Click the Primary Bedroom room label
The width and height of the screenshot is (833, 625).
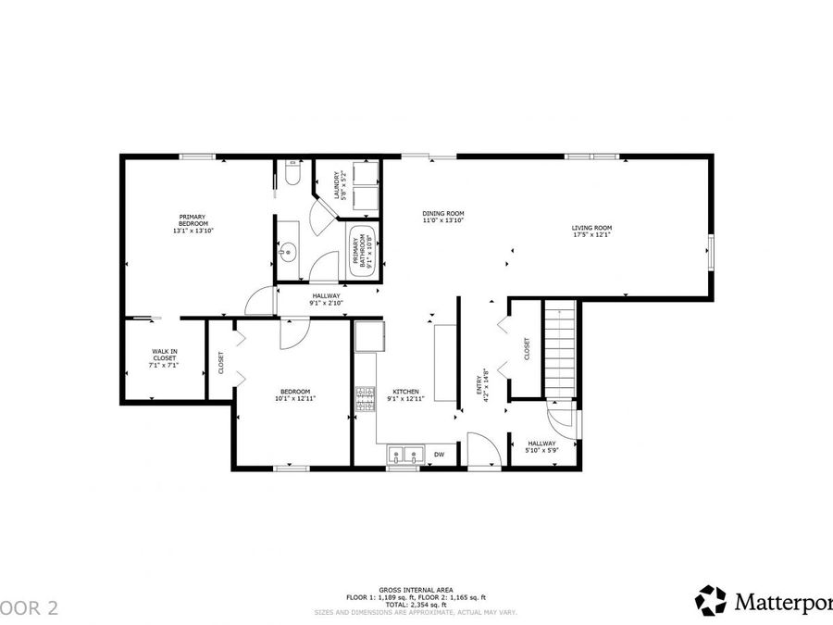193,223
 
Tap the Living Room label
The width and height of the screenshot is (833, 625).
592,231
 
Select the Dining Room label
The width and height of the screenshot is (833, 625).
443,217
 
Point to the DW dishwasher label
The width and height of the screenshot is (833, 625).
440,455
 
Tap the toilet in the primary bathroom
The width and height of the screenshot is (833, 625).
292,176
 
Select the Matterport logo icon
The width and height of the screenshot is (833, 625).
711,600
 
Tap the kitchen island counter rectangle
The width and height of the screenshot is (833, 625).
446,363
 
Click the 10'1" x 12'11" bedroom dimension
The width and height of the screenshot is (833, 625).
296,398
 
